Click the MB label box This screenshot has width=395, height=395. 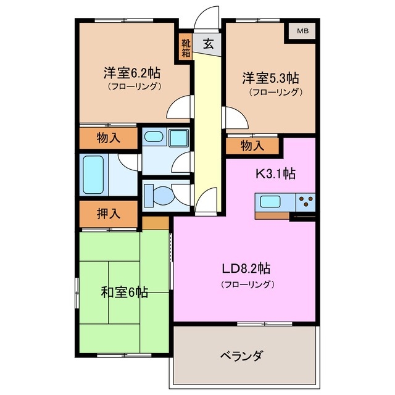click(301, 31)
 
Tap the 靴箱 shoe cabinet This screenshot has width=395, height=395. click(186, 47)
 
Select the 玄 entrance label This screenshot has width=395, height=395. click(209, 44)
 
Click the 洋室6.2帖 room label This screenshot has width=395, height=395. click(131, 72)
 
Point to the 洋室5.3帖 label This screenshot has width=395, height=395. click(270, 78)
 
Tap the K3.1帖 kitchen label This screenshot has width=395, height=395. click(276, 173)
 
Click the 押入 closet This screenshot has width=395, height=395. click(109, 214)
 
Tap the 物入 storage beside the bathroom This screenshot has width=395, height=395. click(109, 138)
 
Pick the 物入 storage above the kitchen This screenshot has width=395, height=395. click(252, 146)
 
